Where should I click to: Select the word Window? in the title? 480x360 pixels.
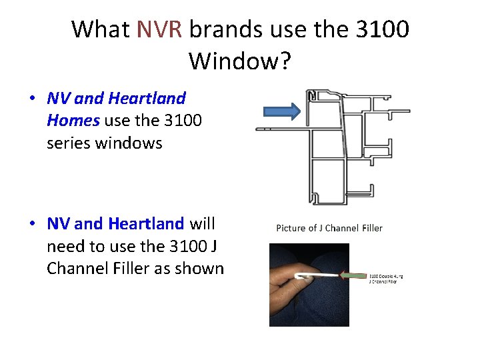239,61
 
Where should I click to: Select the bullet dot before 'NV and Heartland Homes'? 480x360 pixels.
32,99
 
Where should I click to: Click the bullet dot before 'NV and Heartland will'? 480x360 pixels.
32,224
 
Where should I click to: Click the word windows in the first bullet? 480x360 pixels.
132,143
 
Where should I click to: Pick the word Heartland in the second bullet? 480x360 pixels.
146,223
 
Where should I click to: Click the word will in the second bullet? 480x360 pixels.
203,223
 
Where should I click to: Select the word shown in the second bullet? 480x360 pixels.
198,268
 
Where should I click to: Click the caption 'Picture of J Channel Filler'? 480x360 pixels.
329,228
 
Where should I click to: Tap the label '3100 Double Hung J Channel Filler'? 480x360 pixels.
386,279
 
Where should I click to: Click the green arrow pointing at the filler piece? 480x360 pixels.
353,274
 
